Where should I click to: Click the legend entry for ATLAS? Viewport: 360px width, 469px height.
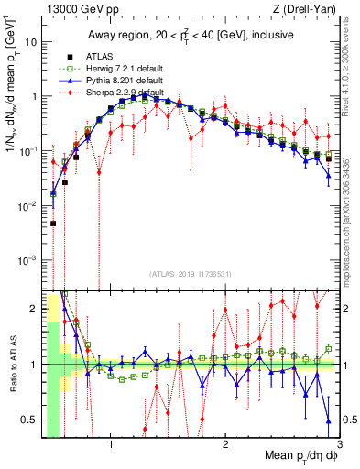click(88, 57)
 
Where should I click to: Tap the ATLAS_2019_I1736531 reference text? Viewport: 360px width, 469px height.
click(190, 274)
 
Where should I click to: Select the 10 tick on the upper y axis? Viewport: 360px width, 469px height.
click(31, 42)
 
